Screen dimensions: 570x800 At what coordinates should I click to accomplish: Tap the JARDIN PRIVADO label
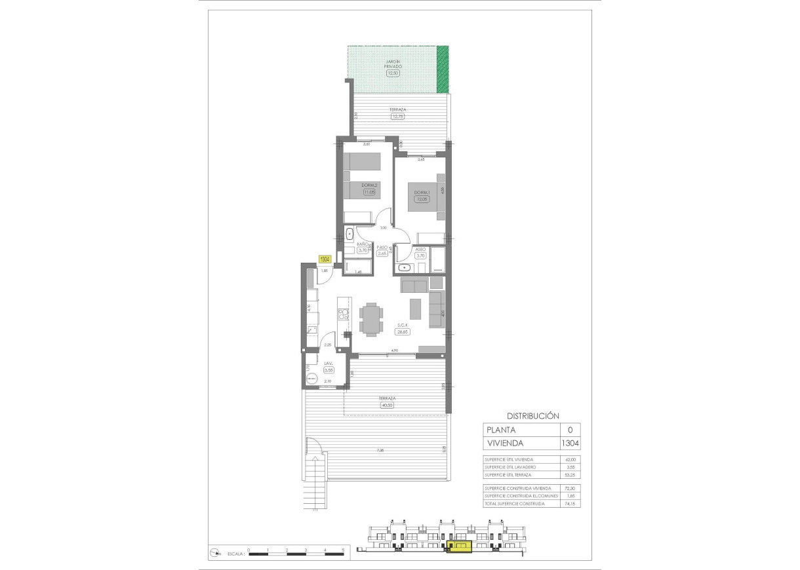(x=393, y=64)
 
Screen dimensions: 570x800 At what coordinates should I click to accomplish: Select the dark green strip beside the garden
(x=443, y=69)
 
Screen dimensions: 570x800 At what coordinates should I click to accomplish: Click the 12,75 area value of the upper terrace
(x=397, y=117)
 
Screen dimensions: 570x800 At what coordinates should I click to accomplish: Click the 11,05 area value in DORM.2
(x=368, y=192)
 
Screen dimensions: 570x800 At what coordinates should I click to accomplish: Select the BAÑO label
(x=362, y=244)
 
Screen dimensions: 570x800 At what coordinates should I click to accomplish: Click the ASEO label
(x=421, y=250)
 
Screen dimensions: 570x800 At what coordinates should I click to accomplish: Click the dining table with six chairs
(x=372, y=319)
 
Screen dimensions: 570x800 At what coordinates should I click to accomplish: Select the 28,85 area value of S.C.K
(x=402, y=332)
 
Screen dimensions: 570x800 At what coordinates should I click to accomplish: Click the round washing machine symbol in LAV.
(x=313, y=379)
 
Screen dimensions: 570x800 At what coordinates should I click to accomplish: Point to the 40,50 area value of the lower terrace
(x=387, y=405)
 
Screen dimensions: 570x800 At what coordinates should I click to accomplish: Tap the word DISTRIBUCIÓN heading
(x=532, y=415)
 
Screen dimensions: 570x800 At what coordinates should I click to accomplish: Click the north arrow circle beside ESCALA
(x=214, y=554)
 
